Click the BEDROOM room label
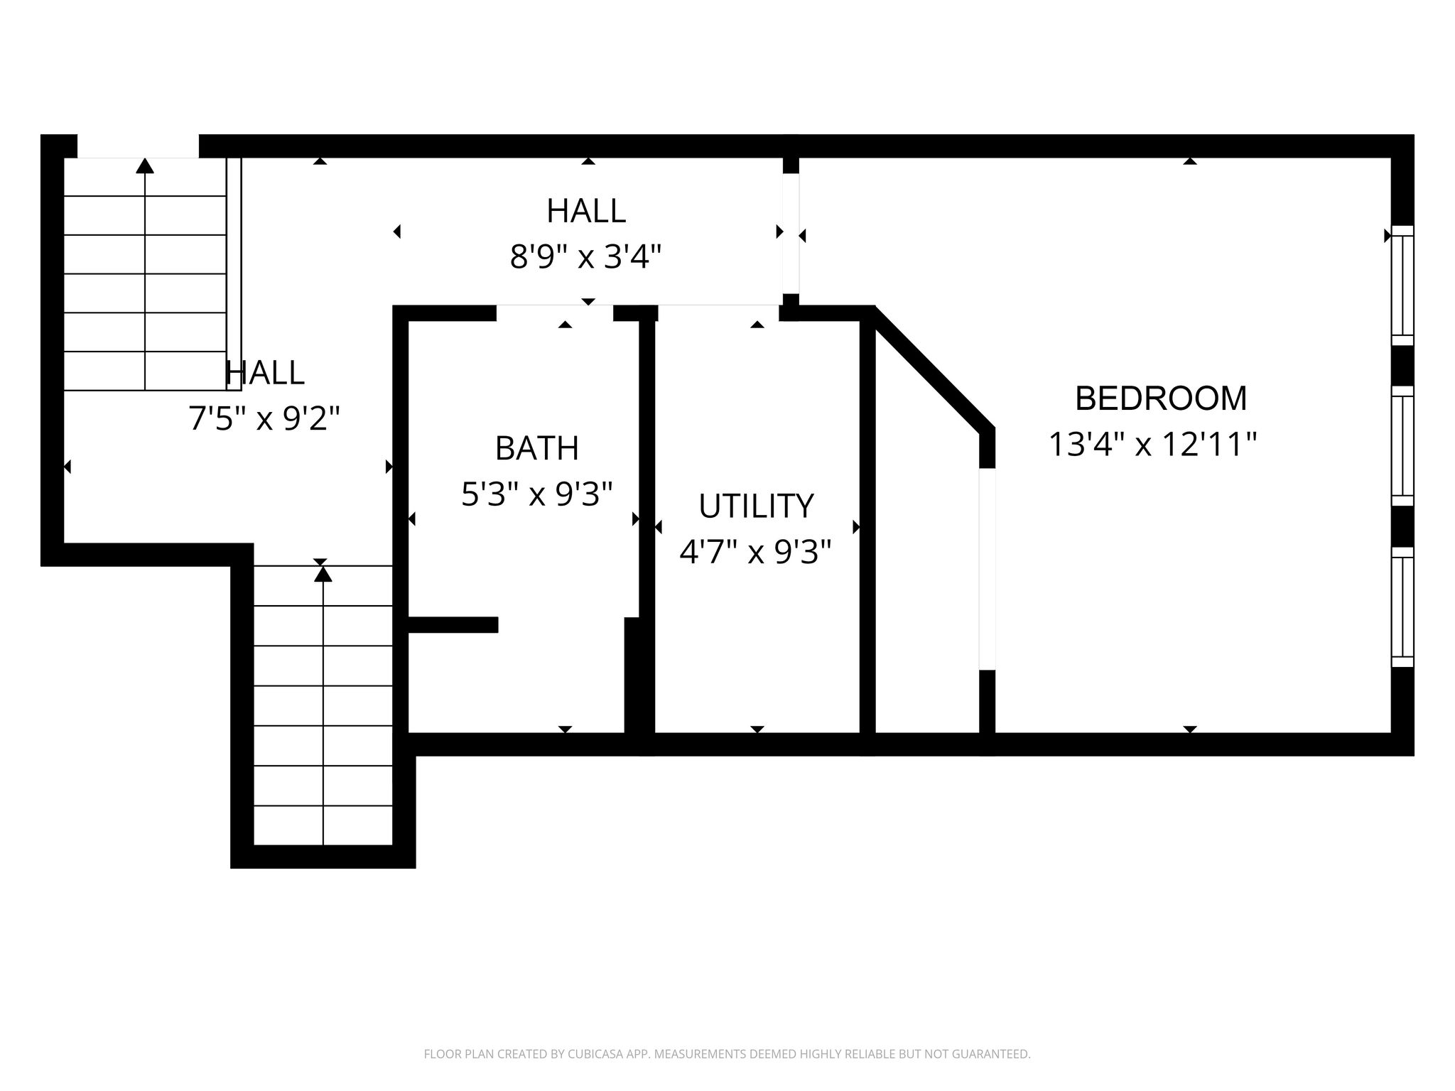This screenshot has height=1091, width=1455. (1161, 398)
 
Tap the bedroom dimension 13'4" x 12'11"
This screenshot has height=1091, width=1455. (1153, 445)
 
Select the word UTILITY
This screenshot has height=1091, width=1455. (756, 506)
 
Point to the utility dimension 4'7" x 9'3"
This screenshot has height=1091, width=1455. (755, 552)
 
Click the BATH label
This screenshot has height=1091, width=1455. (537, 448)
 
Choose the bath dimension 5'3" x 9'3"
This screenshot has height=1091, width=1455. (537, 494)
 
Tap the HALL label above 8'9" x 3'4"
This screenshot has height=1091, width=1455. (586, 211)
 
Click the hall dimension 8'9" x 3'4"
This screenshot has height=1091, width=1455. (586, 256)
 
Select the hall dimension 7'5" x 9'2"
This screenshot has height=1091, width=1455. (264, 418)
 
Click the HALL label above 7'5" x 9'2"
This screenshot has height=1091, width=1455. (265, 373)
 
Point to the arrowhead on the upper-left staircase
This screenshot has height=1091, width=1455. (145, 165)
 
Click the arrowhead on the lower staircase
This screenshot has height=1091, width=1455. (323, 573)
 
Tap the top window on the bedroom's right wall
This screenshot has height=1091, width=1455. (1402, 285)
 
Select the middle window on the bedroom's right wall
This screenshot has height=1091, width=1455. (1402, 446)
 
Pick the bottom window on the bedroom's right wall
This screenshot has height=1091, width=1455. (1402, 607)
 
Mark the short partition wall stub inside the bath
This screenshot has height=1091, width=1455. (453, 625)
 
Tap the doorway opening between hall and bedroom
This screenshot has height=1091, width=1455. (791, 234)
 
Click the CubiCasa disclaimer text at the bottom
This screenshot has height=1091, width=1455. (727, 1054)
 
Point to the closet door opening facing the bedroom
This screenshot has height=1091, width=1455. (988, 569)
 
